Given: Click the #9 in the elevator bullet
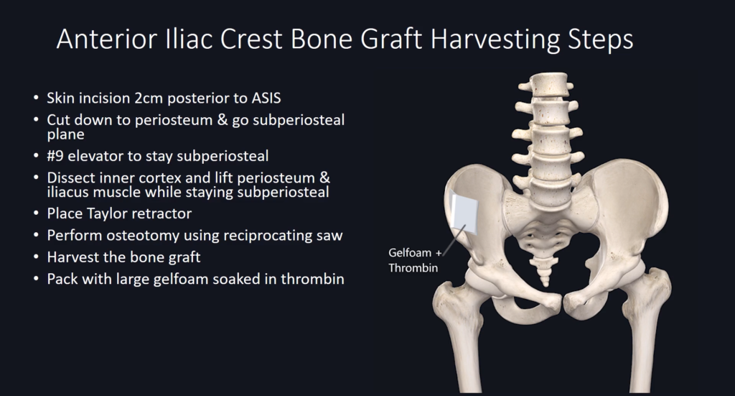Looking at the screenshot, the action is pos(55,156).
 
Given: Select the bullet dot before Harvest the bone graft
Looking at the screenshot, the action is pos(37,257).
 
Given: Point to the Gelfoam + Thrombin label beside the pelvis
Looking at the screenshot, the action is pos(415,260).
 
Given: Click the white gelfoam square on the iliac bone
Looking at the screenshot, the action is pos(464,213).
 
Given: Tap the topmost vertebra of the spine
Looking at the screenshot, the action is pos(546,85).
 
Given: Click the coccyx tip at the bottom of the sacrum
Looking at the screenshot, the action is pos(546,283).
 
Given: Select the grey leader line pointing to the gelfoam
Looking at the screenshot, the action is pos(454,239).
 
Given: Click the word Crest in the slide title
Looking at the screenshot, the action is pos(251,39).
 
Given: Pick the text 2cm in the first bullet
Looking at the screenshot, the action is pos(149,98).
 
